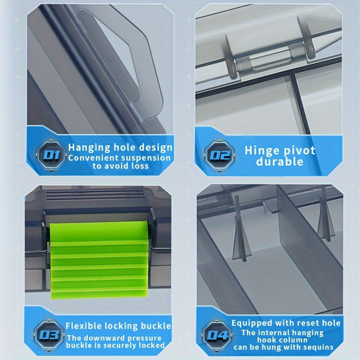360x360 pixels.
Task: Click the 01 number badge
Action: pos(51,155)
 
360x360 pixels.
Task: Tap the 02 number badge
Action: pos(220,155)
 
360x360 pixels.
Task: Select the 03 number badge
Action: pos(49,335)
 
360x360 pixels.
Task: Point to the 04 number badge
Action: pos(217,335)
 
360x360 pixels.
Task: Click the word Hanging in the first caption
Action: pos(89,148)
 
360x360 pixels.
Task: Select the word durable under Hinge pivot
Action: pos(279,162)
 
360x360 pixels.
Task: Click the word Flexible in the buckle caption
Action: pos(84,326)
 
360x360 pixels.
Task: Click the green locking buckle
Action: pos(99,260)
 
